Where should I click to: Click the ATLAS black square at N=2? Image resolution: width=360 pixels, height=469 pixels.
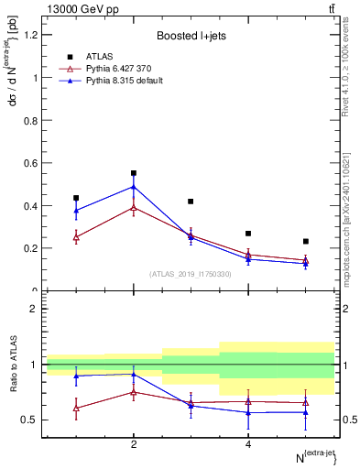click(134, 173)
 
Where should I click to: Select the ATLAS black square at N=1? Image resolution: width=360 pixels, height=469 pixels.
click(76, 198)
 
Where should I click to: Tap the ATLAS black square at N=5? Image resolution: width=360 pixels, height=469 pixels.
click(306, 242)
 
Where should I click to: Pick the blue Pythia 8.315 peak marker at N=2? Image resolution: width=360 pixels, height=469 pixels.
click(134, 187)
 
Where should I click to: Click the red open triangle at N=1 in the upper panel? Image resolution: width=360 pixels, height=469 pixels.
click(76, 237)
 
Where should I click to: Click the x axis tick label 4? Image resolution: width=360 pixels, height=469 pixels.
click(248, 444)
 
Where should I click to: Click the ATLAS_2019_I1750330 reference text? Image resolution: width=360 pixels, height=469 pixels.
click(191, 274)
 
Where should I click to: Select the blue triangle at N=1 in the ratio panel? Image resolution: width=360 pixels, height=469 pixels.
click(76, 376)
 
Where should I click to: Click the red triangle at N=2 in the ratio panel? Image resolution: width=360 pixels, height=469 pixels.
click(134, 392)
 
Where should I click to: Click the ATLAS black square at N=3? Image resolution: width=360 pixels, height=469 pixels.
click(191, 202)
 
